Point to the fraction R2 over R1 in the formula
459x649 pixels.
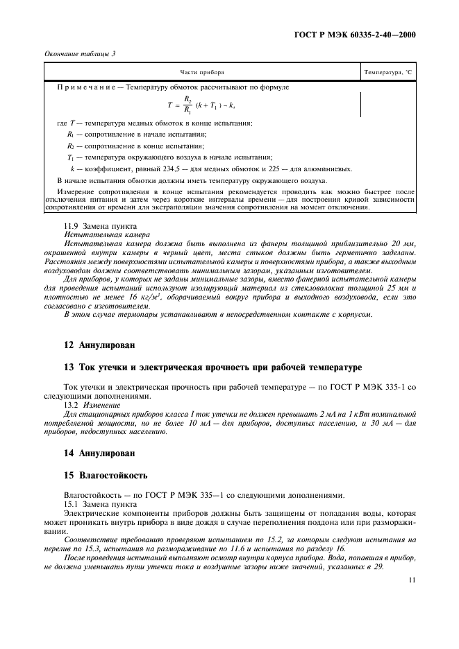tap(187, 104)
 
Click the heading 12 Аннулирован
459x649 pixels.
tap(99, 344)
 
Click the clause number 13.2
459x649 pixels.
tap(72, 403)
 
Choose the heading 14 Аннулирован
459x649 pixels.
tap(99, 453)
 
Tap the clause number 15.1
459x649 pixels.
tap(72, 503)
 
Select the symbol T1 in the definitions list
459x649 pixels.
tap(70, 157)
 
